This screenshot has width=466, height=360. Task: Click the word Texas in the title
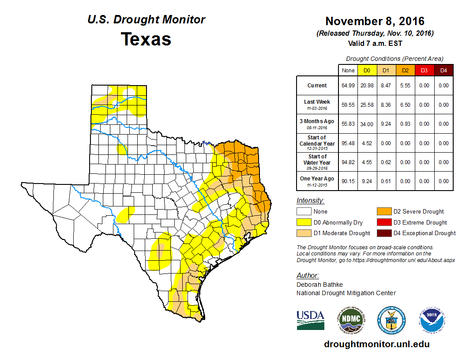tap(146, 39)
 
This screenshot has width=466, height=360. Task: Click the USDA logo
tap(310, 319)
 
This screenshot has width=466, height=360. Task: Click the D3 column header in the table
tap(424, 70)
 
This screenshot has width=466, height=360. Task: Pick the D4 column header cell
tap(443, 70)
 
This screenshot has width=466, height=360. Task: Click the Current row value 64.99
tap(348, 86)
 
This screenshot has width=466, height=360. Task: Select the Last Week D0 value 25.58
tap(367, 105)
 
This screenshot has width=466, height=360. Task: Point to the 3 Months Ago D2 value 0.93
tap(405, 124)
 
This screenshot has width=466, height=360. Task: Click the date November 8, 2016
tap(375, 21)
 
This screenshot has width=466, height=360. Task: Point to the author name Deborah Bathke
tap(319, 285)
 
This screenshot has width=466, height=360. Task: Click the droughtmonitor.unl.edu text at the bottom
tap(376, 344)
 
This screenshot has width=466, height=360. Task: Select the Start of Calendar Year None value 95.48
tap(348, 143)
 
